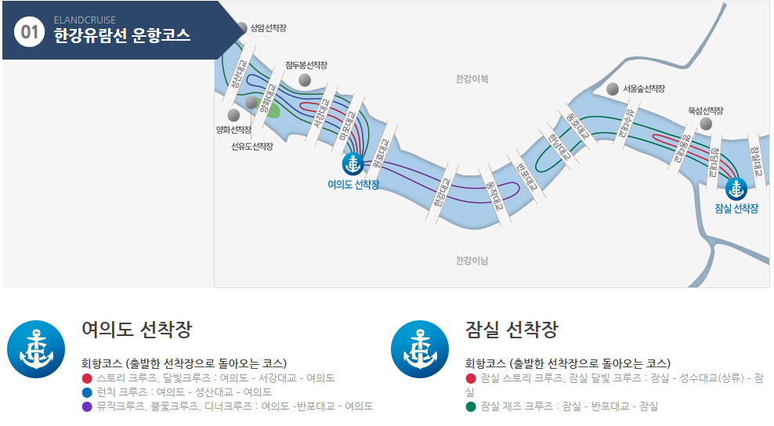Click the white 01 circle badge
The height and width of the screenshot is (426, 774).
coord(30,32)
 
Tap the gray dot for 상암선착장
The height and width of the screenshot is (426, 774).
coord(241,29)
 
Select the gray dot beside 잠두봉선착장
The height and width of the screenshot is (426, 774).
coord(305,80)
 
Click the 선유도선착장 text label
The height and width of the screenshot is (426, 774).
coord(252,146)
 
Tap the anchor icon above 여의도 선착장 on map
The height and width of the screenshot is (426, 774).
coord(353,164)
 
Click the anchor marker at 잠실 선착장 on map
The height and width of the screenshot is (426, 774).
coord(736,188)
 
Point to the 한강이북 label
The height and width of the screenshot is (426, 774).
coord(472,79)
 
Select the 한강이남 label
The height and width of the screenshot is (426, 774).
coord(472,260)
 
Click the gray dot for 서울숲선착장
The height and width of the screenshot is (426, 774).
coord(613,89)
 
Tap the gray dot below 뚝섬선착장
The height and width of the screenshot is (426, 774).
coord(706,124)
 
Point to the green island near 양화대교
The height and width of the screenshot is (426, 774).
coord(273,110)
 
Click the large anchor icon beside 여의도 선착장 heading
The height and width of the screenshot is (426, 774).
coord(36,349)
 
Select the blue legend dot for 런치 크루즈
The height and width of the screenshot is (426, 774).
coord(87,392)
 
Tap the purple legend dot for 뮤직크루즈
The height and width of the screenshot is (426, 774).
coord(87,406)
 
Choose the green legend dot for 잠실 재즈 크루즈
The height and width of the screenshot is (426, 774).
coord(471,406)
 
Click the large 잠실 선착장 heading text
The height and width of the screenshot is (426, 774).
coord(511,330)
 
